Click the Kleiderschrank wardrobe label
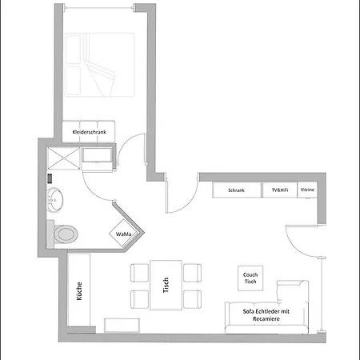pyautogui.click(x=89, y=132)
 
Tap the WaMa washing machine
pyautogui.click(x=123, y=234)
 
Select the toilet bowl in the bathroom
pyautogui.click(x=66, y=234)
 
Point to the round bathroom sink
pyautogui.click(x=54, y=200)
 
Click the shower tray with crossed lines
pyautogui.click(x=64, y=158)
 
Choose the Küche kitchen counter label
pyautogui.click(x=79, y=291)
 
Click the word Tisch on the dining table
pyautogui.click(x=166, y=285)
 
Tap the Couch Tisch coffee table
pyautogui.click(x=250, y=278)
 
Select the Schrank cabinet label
pyautogui.click(x=236, y=190)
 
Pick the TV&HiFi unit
pyautogui.click(x=280, y=190)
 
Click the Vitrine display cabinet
pyautogui.click(x=307, y=190)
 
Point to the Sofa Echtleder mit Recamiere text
pyautogui.click(x=266, y=315)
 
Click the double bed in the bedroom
pyautogui.click(x=99, y=65)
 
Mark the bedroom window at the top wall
pyautogui.click(x=99, y=8)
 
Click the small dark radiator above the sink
pyautogui.click(x=50, y=178)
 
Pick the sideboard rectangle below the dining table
pyautogui.click(x=122, y=326)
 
